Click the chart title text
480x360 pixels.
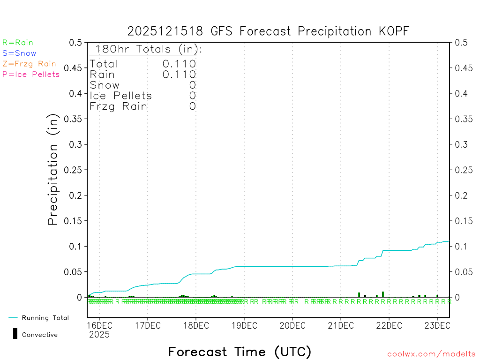tap(268, 31)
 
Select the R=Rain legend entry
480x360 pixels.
tap(18, 43)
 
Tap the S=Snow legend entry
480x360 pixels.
tap(19, 53)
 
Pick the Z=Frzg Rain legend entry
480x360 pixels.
tap(29, 64)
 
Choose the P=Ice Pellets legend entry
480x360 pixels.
tap(31, 74)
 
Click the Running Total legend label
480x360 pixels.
tap(45, 318)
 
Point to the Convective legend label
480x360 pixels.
tap(40, 335)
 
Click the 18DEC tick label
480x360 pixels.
tap(195, 325)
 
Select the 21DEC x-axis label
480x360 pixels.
tap(341, 325)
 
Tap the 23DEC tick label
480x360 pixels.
tap(437, 325)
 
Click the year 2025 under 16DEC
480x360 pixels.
tap(99, 335)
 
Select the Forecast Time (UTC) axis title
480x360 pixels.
tap(240, 352)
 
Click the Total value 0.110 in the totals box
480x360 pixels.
tap(179, 64)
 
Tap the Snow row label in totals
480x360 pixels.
tap(105, 85)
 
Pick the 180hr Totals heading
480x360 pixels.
tap(147, 49)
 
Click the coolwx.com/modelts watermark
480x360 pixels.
tap(431, 354)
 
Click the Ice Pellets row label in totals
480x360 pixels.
tap(121, 96)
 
